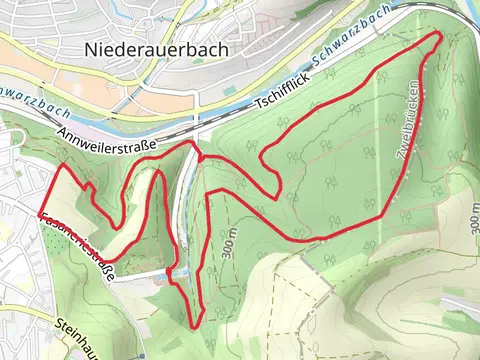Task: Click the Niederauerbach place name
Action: coord(157,49)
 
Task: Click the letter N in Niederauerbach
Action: coord(92,49)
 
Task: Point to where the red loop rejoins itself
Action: coord(200,157)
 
